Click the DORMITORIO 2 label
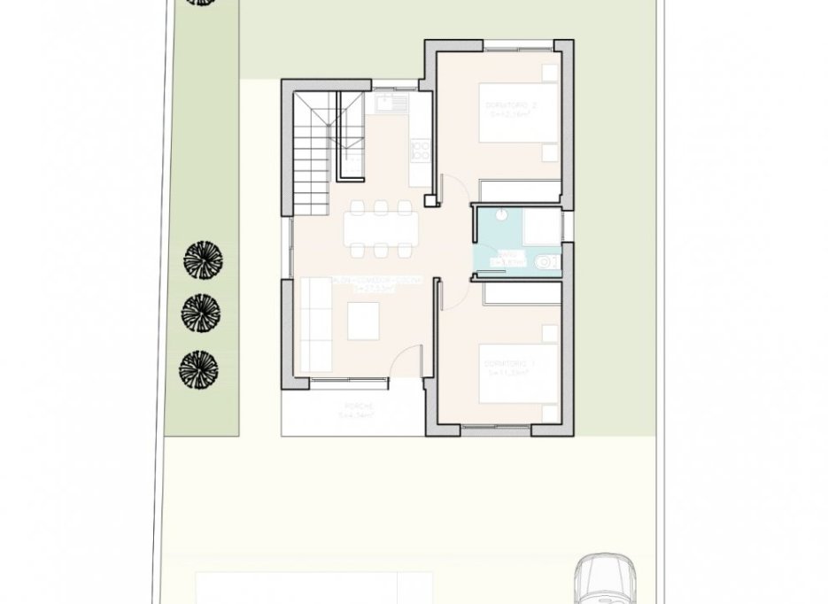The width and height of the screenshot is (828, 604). (x=511, y=105)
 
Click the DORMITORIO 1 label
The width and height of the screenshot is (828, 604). (x=506, y=364)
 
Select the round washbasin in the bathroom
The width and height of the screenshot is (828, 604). (x=501, y=213)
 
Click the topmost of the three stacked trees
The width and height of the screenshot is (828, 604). (x=203, y=261)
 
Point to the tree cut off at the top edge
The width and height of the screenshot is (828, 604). (x=199, y=3)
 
